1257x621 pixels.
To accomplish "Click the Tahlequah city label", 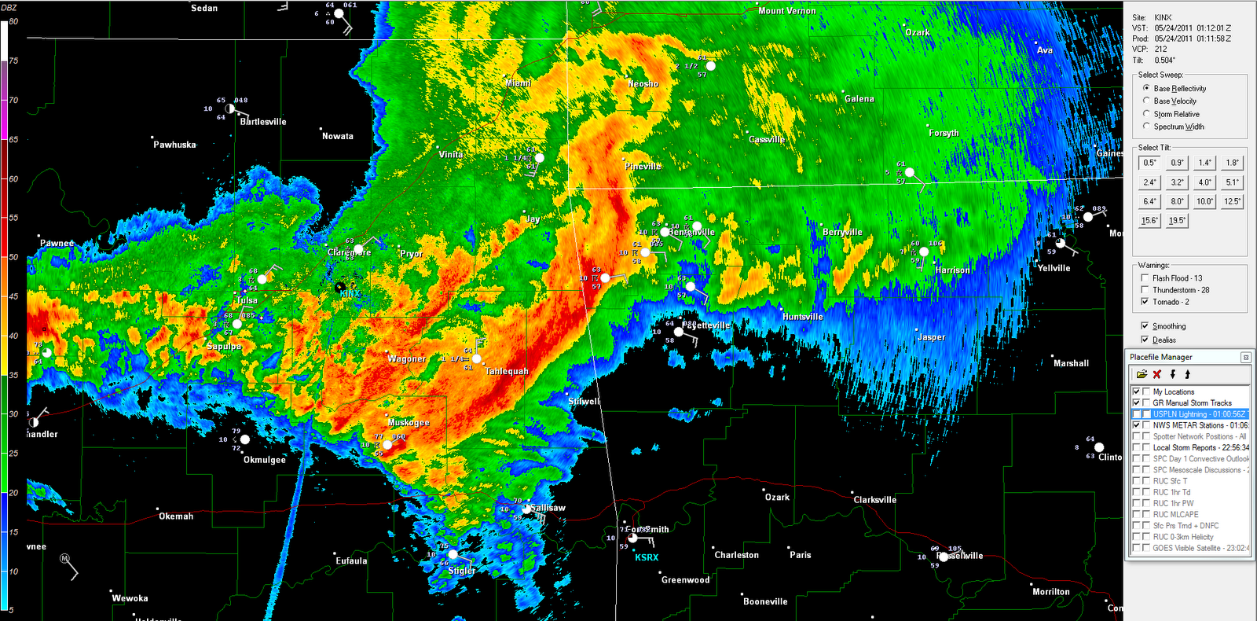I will tap(507, 371).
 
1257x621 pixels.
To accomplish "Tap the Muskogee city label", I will tap(409, 423).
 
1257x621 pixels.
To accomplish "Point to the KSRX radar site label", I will tap(647, 557).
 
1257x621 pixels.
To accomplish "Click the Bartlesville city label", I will tap(263, 122).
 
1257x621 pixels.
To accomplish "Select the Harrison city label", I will tap(952, 270).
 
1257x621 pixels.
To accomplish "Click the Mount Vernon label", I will tap(787, 11).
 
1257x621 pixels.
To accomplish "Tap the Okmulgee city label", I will tap(265, 460).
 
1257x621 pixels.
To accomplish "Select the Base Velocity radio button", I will tap(1146, 101).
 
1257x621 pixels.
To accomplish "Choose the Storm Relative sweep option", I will tap(1146, 113).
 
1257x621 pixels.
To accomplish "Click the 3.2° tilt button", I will tap(1177, 182).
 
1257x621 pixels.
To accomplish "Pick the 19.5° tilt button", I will tap(1177, 221).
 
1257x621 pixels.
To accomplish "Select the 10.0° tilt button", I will tap(1204, 201).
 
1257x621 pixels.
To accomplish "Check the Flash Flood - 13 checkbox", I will tap(1145, 277).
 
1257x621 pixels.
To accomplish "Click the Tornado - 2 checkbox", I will tap(1145, 301).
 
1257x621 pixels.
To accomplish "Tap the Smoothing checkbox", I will tap(1145, 325).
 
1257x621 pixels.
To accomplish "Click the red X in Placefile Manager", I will tap(1157, 374).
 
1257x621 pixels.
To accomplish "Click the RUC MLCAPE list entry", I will tap(1175, 514).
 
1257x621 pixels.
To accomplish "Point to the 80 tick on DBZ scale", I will tap(13, 21).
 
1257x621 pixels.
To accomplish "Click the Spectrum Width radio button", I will tap(1146, 126).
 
